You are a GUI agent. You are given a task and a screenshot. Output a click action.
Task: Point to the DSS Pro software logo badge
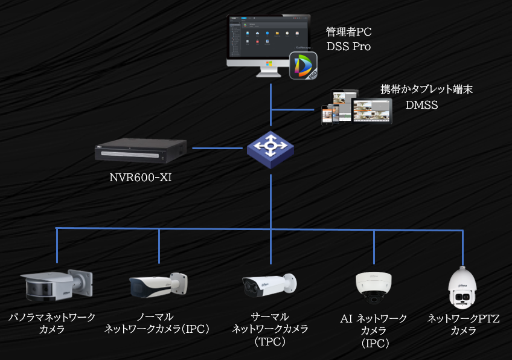(303, 66)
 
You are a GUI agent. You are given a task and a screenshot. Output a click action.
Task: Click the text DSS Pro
(348, 47)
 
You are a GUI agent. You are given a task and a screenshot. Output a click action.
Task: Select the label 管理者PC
(348, 32)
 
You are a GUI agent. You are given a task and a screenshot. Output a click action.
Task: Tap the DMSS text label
(421, 104)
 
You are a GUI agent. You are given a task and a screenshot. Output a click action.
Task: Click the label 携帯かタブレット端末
(426, 89)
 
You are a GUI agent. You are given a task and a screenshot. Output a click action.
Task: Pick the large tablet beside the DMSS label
(371, 111)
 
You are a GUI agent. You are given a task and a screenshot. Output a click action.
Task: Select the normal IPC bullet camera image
(158, 286)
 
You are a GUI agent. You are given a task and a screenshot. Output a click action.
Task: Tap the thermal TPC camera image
(269, 286)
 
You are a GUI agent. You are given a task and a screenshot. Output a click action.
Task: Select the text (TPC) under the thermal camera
(270, 342)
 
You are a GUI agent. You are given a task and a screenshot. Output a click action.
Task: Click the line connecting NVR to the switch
(217, 147)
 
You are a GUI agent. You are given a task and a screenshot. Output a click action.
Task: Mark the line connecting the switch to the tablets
(293, 109)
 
